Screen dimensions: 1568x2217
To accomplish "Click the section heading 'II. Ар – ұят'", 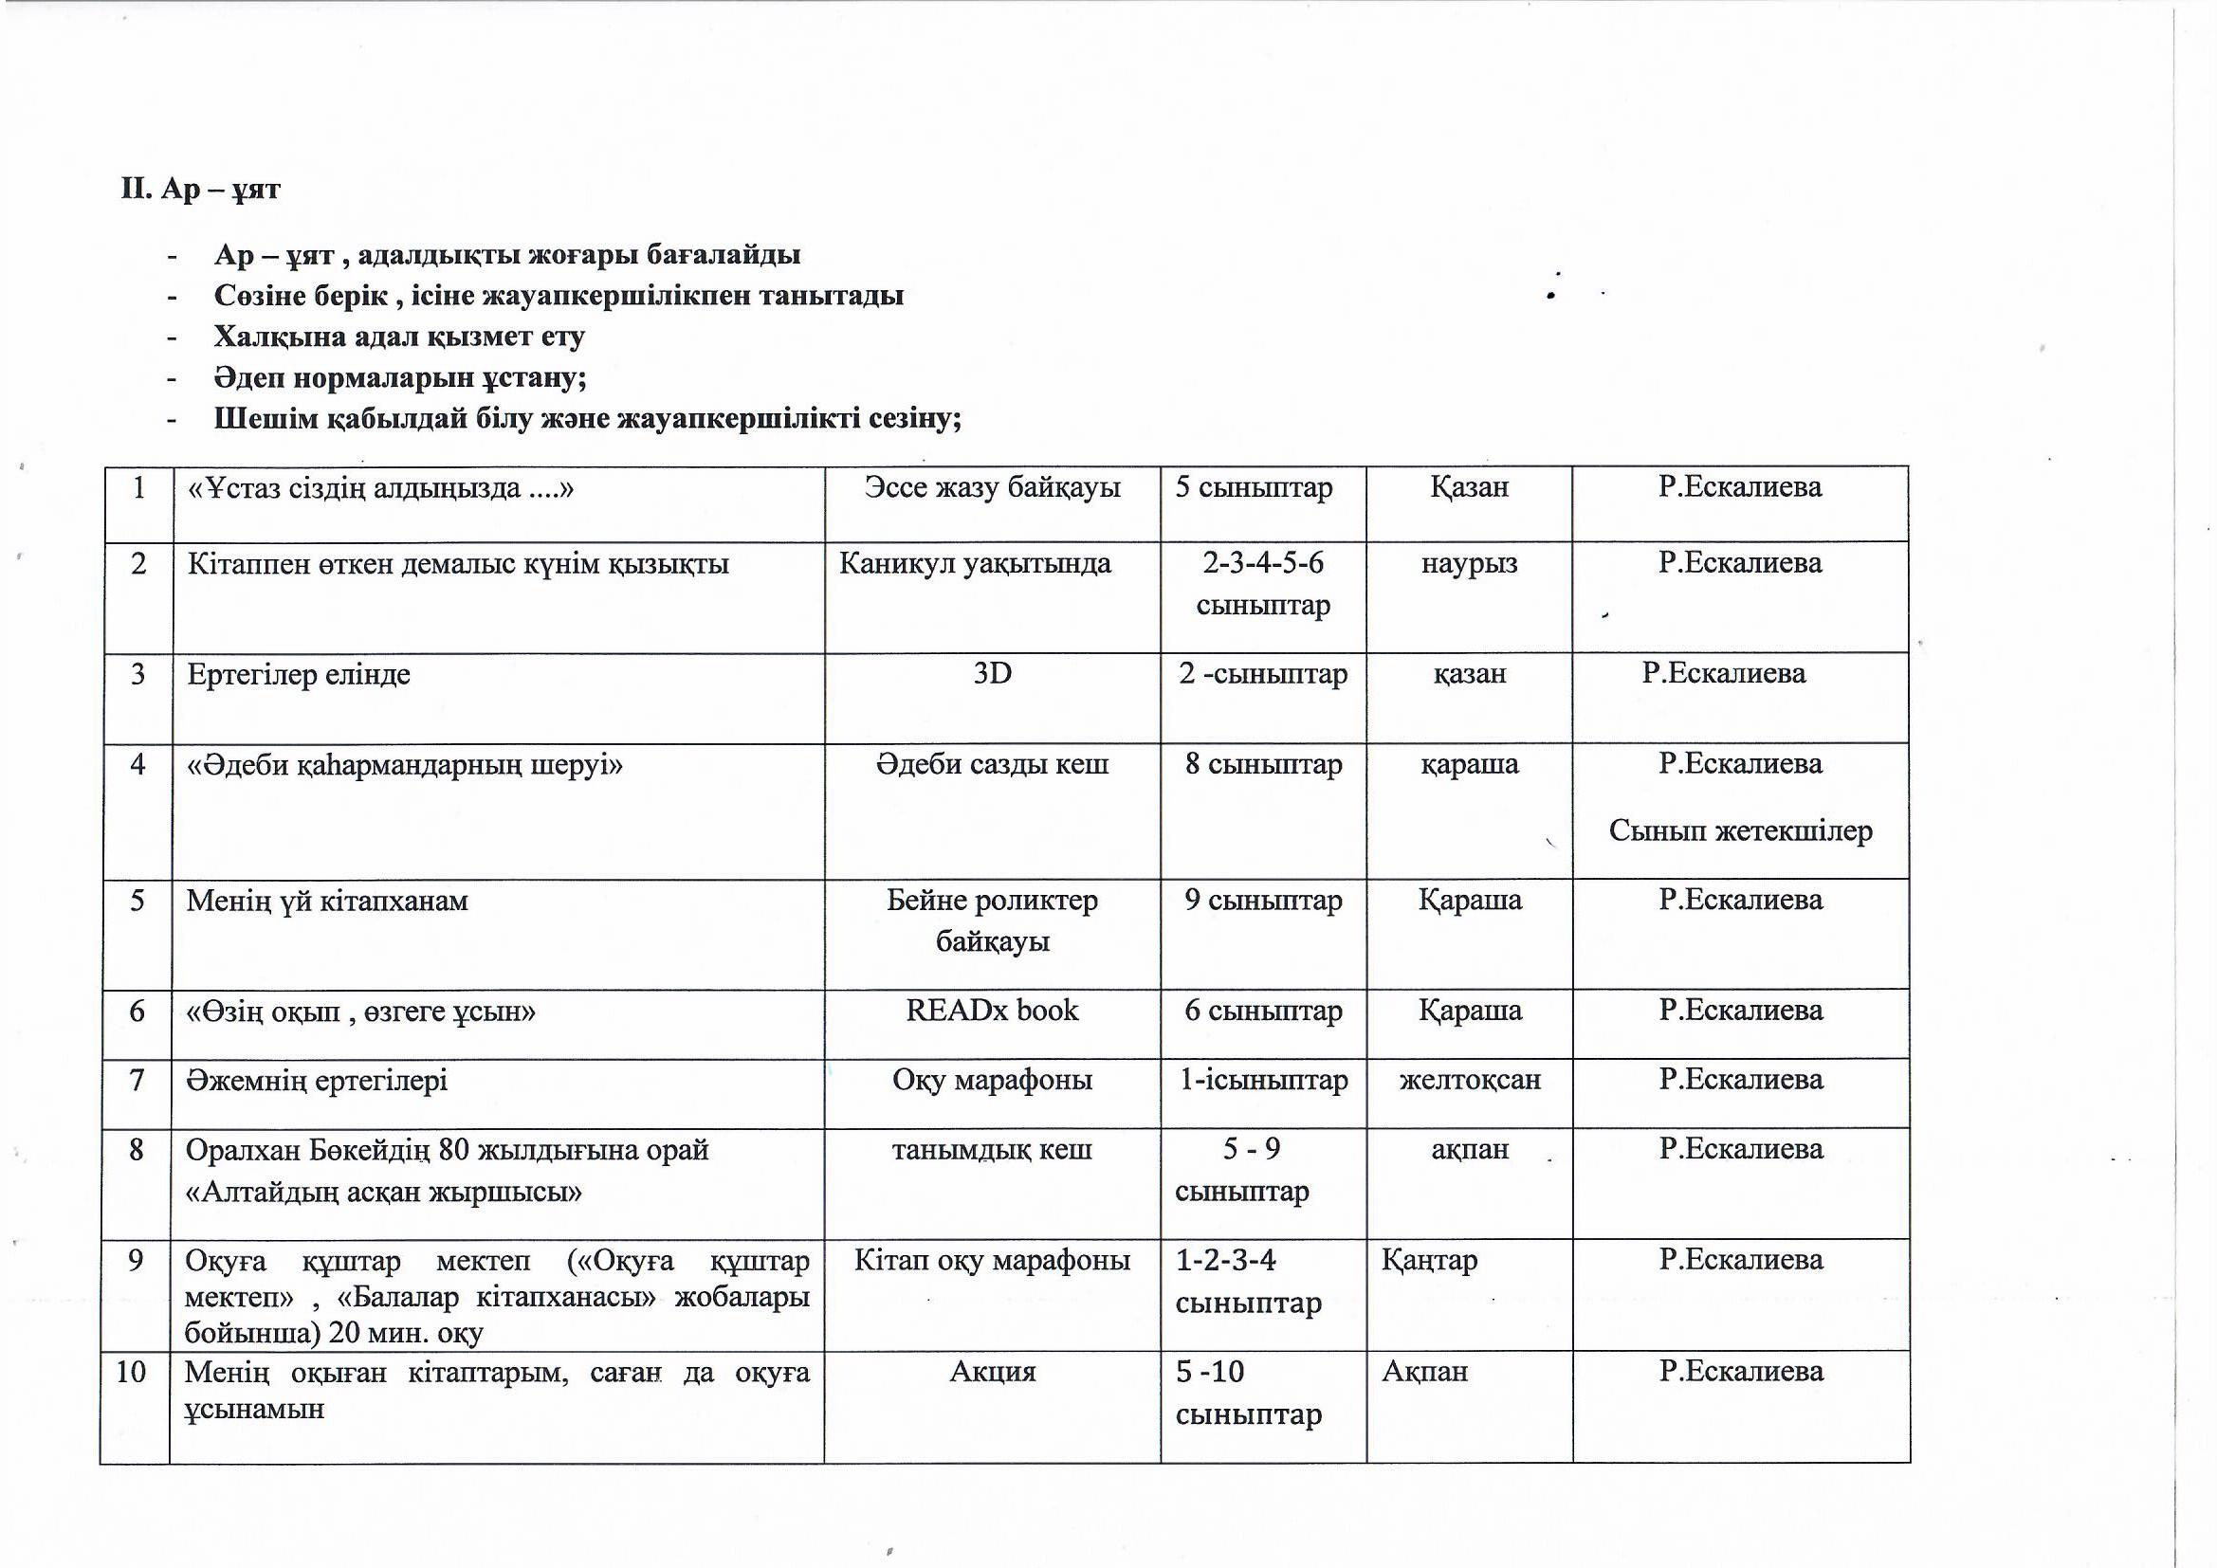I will (200, 189).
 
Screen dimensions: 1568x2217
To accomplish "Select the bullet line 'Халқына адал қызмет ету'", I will (399, 337).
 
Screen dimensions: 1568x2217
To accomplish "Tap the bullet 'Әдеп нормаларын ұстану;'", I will (400, 377).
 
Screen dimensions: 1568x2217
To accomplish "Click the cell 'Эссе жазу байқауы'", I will (992, 487).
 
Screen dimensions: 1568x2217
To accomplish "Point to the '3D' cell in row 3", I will (992, 673).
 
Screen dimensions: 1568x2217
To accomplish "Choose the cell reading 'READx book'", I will (992, 1011).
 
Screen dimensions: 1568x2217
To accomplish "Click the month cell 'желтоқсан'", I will (1470, 1080).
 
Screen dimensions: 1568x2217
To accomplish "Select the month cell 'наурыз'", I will (1469, 564).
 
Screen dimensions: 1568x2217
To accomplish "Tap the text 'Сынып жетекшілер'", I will (1740, 831).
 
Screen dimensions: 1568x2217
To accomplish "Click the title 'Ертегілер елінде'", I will (299, 674).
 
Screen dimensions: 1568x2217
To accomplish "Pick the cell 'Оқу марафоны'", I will (992, 1080).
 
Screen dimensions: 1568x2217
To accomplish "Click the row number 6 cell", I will (137, 1011).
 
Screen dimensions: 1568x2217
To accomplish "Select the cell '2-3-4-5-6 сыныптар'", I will (1263, 584).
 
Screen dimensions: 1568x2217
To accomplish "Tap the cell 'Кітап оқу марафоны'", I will (992, 1261).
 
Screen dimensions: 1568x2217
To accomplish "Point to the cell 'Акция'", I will (992, 1372).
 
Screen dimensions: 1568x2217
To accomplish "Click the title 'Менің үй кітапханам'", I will (326, 902).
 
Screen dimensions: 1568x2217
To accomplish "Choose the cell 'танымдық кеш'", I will (992, 1150).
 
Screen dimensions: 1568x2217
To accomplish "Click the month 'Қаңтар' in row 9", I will (1429, 1261).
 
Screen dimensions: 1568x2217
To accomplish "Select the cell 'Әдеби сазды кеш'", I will (992, 765).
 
